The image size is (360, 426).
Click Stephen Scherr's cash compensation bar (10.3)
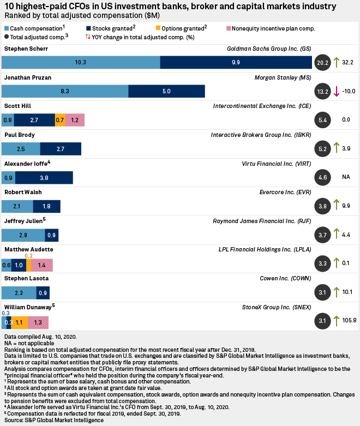(x=81, y=62)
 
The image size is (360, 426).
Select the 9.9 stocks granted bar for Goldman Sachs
(x=236, y=62)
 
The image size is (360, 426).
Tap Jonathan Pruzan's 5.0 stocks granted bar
(x=166, y=91)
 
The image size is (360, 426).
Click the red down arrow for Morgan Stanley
(x=337, y=91)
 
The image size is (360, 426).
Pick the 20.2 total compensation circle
(x=322, y=63)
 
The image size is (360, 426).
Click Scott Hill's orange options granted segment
(x=60, y=119)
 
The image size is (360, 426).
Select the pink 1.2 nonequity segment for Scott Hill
(x=75, y=119)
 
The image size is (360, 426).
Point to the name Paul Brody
(x=19, y=135)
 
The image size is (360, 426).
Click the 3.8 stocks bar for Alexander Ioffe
(x=44, y=177)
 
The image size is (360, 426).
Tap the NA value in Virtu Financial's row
(x=346, y=177)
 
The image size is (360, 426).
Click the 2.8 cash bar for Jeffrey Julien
(x=23, y=235)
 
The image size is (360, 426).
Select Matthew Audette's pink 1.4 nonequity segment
(x=42, y=265)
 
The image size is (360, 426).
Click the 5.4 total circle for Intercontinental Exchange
(x=322, y=120)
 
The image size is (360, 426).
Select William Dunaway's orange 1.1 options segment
(x=20, y=322)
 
